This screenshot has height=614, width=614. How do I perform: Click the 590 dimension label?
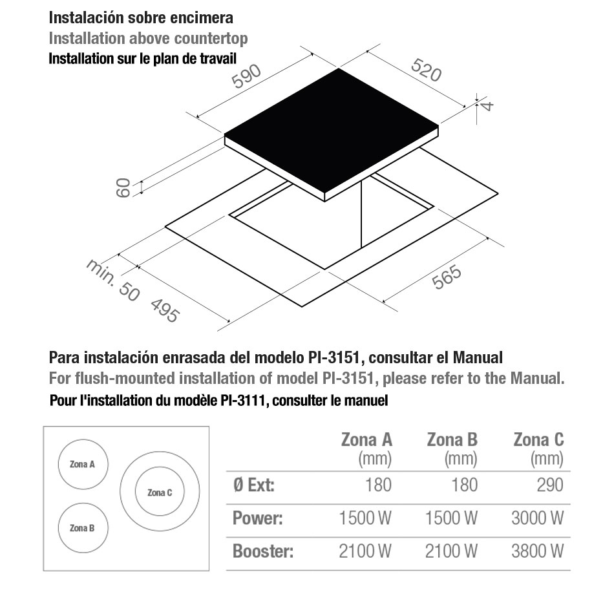tap(246, 76)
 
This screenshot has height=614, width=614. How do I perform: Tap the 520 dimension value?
tap(427, 70)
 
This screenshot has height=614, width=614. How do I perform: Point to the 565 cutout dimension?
tap(447, 277)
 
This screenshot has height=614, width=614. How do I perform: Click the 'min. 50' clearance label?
tap(112, 280)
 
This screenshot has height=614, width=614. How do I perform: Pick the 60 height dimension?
tap(123, 187)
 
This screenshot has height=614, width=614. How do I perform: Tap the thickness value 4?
tap(487, 105)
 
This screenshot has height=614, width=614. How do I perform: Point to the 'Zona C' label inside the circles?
tap(160, 492)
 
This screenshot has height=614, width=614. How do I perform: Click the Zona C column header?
tap(539, 439)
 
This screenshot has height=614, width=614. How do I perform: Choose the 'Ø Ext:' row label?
tap(254, 485)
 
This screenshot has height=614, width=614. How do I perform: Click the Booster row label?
tap(263, 551)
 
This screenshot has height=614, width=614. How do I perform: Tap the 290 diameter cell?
tap(550, 485)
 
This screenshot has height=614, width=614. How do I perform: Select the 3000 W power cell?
tap(538, 518)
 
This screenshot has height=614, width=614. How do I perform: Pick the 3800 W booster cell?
tap(538, 551)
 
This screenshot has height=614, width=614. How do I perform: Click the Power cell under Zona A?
tap(365, 518)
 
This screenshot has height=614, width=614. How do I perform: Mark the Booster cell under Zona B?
tap(451, 551)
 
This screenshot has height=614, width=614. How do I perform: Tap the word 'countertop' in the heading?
tap(211, 38)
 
